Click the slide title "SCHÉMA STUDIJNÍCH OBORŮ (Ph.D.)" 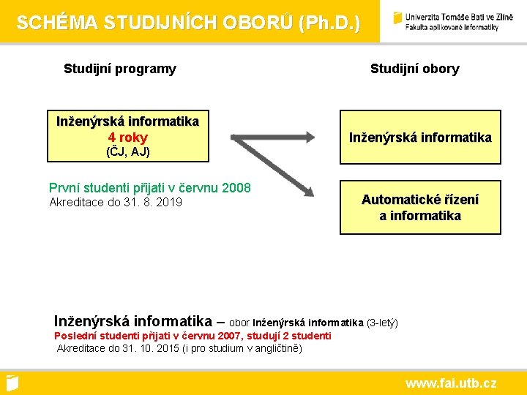pos(188,23)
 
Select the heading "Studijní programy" pos(120,69)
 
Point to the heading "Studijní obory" pos(414,69)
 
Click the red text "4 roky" pos(127,138)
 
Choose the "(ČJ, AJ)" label pos(127,152)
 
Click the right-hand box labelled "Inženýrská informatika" pos(420,138)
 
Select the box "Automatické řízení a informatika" pos(420,207)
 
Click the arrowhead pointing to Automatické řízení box pos(307,190)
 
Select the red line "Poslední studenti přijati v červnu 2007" pos(149,336)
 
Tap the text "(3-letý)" pos(382,323)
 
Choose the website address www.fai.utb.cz pos(450,383)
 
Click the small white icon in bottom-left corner pos(12,383)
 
